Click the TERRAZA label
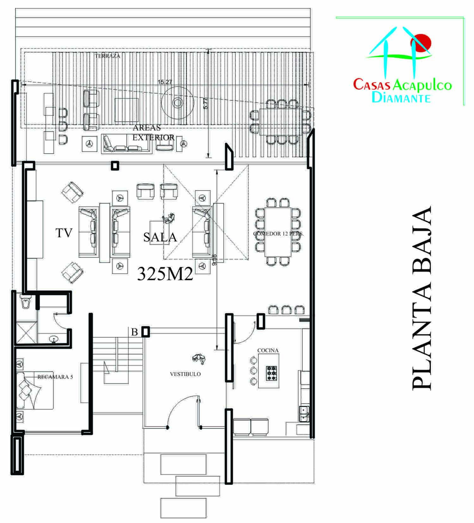pyautogui.click(x=107, y=56)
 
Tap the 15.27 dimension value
pyautogui.click(x=165, y=82)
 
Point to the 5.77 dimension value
pyautogui.click(x=206, y=103)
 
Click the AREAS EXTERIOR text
pyautogui.click(x=153, y=132)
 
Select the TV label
pyautogui.click(x=64, y=233)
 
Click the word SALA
pyautogui.click(x=160, y=237)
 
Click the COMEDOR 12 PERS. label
pyautogui.click(x=278, y=234)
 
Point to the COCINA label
pyautogui.click(x=268, y=350)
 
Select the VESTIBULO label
pyautogui.click(x=185, y=374)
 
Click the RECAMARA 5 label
pyautogui.click(x=55, y=377)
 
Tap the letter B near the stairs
pyautogui.click(x=135, y=332)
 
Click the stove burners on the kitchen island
pyautogui.click(x=272, y=373)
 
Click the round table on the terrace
pyautogui.click(x=177, y=102)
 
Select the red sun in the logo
pyautogui.click(x=421, y=42)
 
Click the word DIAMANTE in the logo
pyautogui.click(x=401, y=97)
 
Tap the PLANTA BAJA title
pyautogui.click(x=422, y=298)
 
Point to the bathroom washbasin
pyautogui.click(x=54, y=339)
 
